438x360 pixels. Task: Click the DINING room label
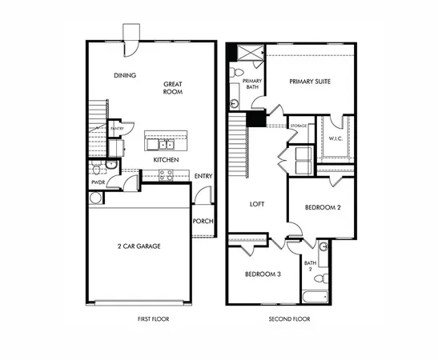click(x=124, y=76)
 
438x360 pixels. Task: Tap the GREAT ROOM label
click(x=174, y=87)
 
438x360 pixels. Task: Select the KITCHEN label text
click(x=166, y=160)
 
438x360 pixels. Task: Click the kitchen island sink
click(x=164, y=144)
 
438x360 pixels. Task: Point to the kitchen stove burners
click(x=167, y=175)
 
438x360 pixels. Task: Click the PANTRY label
click(x=117, y=128)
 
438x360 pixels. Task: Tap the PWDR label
click(x=98, y=183)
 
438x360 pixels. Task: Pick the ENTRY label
click(x=203, y=176)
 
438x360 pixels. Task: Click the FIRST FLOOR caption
click(x=153, y=318)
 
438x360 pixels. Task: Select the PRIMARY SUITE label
click(x=310, y=82)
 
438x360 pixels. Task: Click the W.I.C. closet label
click(x=336, y=138)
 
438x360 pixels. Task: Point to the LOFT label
click(x=257, y=204)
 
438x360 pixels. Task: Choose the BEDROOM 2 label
click(x=323, y=208)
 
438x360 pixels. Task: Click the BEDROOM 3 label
click(x=263, y=274)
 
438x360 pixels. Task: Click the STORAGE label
click(x=299, y=126)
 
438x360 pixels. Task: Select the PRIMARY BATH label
click(x=252, y=84)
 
